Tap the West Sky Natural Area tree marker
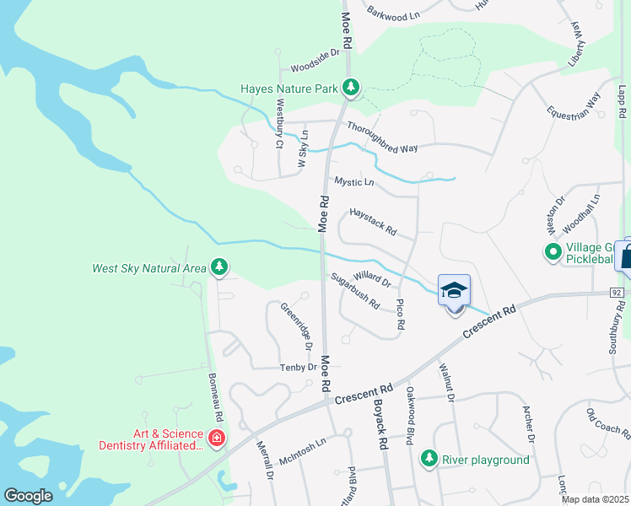point(219,268)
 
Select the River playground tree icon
point(429,459)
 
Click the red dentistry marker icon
point(216,439)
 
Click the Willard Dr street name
point(372,277)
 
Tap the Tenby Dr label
point(299,367)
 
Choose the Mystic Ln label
point(353,181)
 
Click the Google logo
point(28,496)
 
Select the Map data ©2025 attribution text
point(595,499)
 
